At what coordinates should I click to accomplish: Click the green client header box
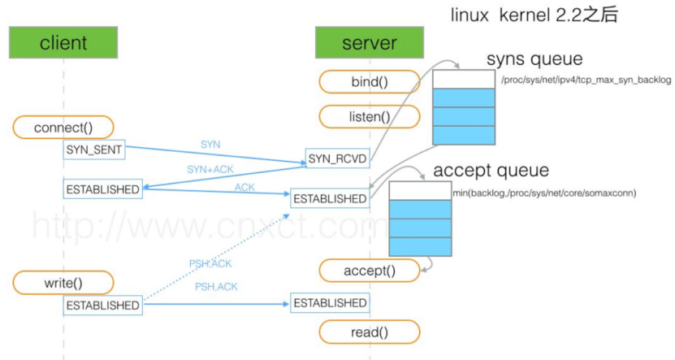click(63, 42)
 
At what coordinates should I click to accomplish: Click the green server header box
click(370, 42)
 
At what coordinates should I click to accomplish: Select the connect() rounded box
click(63, 128)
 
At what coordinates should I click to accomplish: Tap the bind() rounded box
click(370, 82)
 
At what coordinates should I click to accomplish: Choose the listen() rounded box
click(370, 117)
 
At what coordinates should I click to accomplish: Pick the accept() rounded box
click(370, 271)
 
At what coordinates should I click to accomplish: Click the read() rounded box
click(370, 332)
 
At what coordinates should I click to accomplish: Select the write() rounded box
click(63, 283)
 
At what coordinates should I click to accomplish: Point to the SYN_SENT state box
click(94, 150)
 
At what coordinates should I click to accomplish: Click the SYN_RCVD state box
click(338, 158)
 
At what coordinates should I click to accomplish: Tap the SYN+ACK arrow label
click(210, 169)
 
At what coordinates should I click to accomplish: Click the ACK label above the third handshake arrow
click(244, 188)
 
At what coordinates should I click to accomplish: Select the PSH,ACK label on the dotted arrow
click(210, 263)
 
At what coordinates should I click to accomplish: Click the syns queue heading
click(534, 59)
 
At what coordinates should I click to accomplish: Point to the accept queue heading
click(491, 171)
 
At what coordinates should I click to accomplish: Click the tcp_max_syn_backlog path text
click(586, 80)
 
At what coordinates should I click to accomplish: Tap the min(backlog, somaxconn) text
click(544, 193)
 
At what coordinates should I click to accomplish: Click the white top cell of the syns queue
click(464, 80)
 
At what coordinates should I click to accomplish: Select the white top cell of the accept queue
click(420, 191)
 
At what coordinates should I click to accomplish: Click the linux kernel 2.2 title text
click(534, 15)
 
